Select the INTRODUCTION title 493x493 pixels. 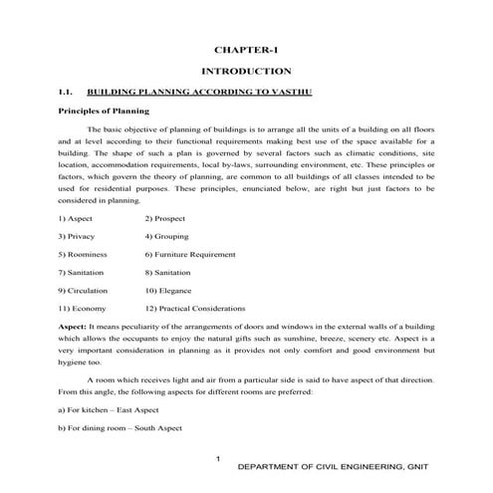(x=246, y=72)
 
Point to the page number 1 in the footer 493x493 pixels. (x=217, y=458)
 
